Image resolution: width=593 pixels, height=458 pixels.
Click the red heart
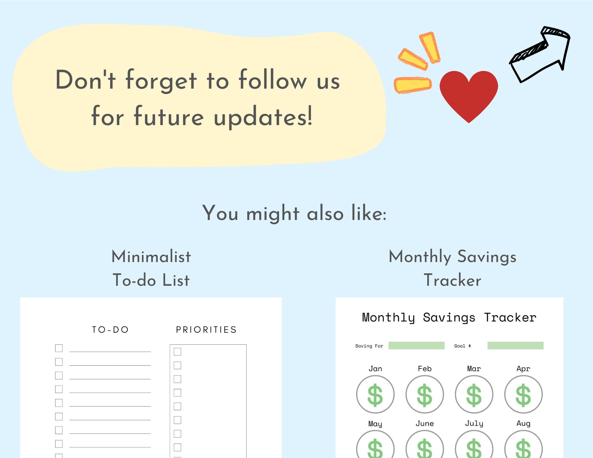coord(469,95)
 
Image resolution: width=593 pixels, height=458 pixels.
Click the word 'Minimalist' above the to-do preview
coord(151,256)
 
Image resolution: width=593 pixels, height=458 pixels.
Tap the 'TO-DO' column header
coord(110,330)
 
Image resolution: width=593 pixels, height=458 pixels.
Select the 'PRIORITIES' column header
coord(206,330)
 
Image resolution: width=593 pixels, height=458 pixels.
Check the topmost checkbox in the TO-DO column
coord(59,348)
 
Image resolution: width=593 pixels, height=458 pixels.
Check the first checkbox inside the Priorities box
coord(178,352)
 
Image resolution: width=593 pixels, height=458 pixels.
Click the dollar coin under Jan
coord(375,394)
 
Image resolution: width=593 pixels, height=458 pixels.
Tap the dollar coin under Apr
coord(524,394)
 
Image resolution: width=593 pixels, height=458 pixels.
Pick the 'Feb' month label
coord(425,368)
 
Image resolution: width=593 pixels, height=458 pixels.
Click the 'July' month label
coord(474,424)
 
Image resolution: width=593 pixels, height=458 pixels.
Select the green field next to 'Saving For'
coord(417,346)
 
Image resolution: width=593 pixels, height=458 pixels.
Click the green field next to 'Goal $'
coord(516,346)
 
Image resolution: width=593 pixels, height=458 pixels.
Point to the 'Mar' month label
coord(474,368)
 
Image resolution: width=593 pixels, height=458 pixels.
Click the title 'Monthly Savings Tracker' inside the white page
coord(449,318)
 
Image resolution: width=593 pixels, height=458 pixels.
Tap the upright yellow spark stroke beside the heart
coord(430,47)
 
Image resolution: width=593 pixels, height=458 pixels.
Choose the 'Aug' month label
coord(524,424)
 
